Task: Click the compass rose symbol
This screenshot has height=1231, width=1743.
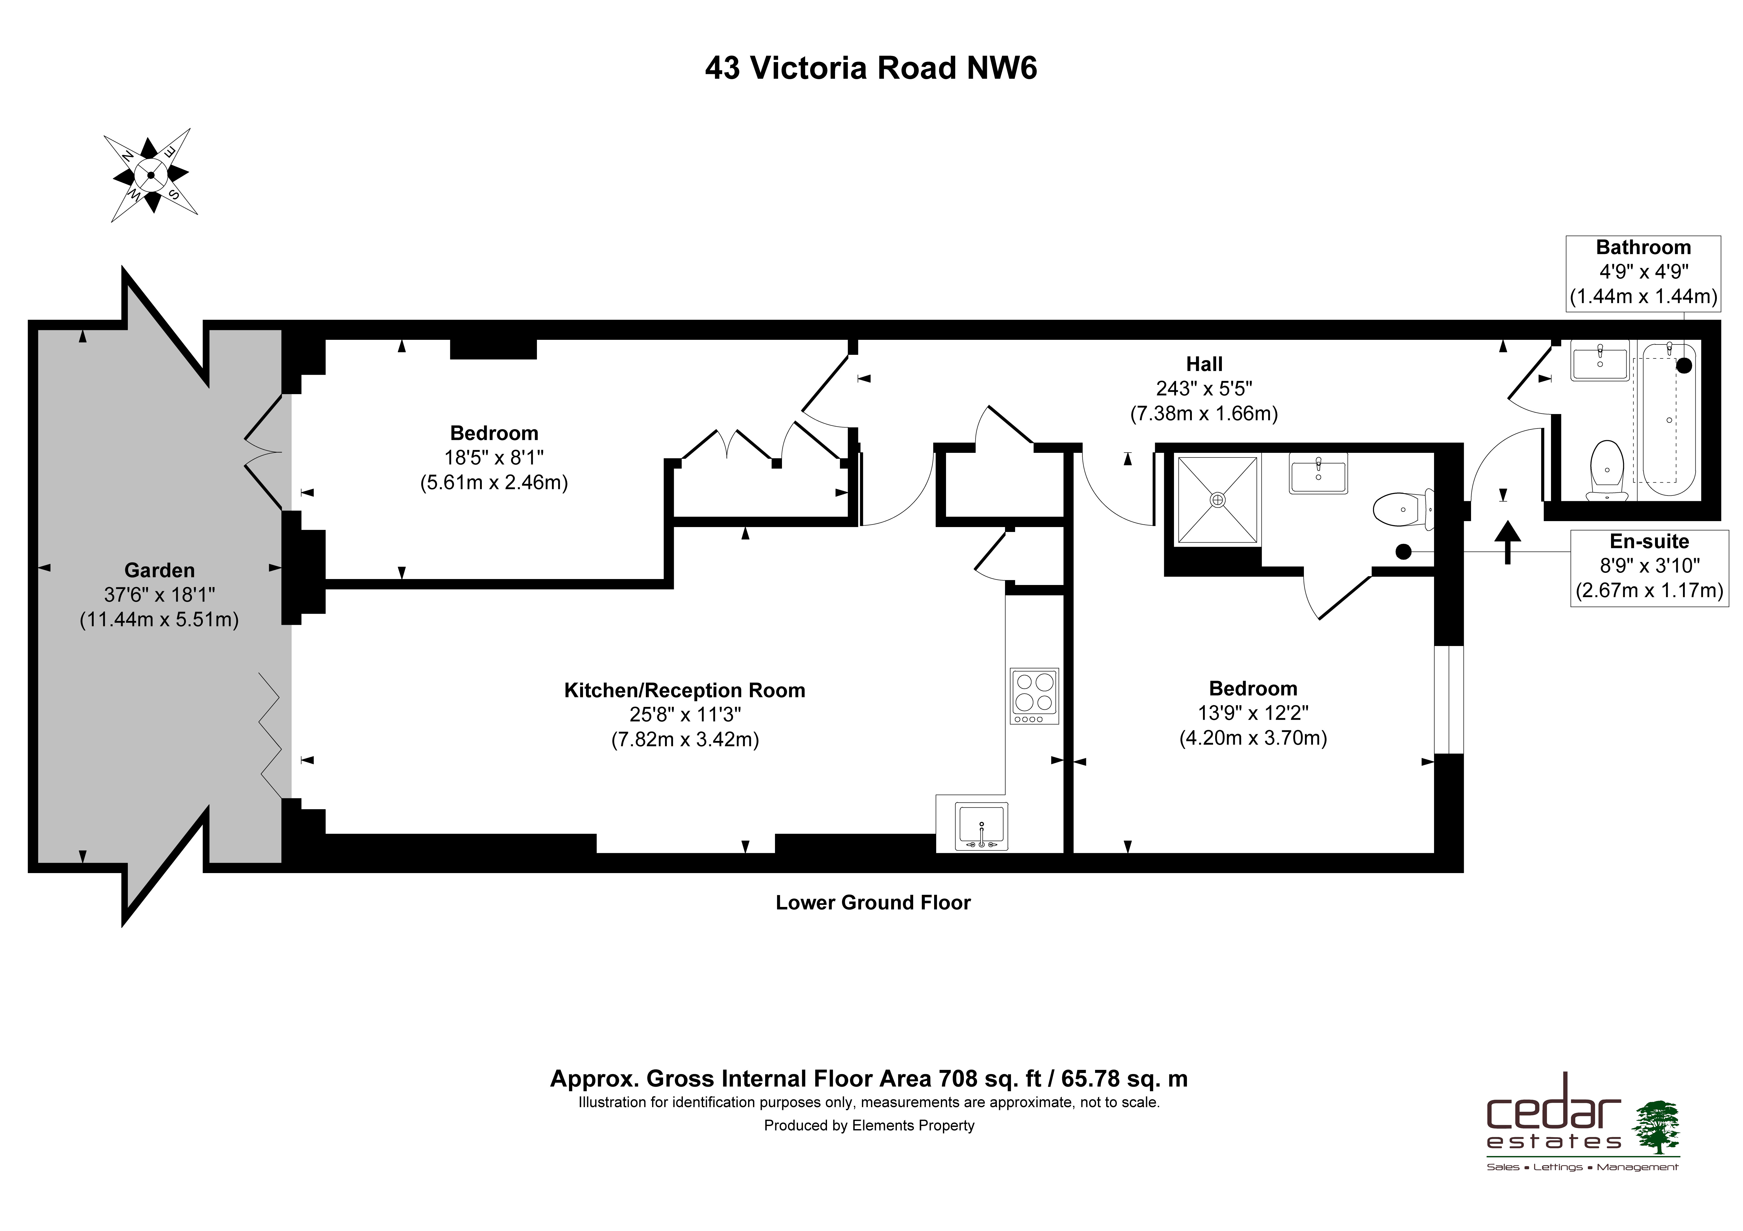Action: (151, 175)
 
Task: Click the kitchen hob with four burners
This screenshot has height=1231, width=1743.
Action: (1034, 696)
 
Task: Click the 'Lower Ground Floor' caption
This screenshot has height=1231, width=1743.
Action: (873, 902)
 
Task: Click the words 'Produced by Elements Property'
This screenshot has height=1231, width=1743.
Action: (869, 1125)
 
